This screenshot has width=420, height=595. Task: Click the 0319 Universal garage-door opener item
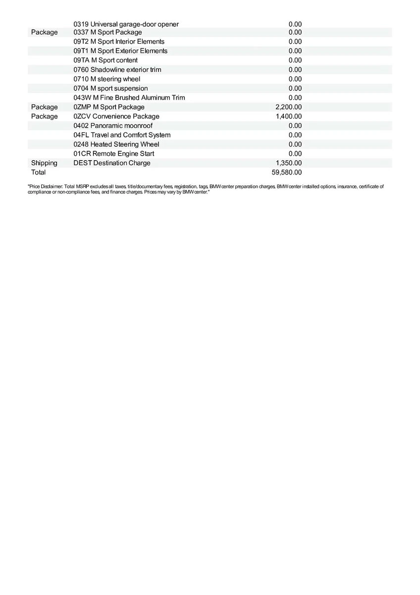pyautogui.click(x=126, y=24)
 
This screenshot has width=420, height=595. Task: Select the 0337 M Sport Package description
pyautogui.click(x=107, y=32)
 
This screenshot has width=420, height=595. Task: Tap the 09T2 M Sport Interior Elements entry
pyautogui.click(x=119, y=42)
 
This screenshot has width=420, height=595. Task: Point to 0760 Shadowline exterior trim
pyautogui.click(x=117, y=69)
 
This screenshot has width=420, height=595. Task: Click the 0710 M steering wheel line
pyautogui.click(x=107, y=79)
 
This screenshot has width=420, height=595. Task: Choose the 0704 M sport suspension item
pyautogui.click(x=110, y=88)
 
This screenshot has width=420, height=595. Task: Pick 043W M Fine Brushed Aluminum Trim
pyautogui.click(x=129, y=98)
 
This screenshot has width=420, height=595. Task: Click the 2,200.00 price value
pyautogui.click(x=288, y=107)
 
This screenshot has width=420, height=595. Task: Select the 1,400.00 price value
pyautogui.click(x=288, y=117)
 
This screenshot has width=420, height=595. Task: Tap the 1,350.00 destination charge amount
pyautogui.click(x=288, y=163)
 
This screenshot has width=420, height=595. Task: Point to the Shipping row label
pyautogui.click(x=44, y=163)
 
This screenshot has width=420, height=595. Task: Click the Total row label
pyautogui.click(x=38, y=173)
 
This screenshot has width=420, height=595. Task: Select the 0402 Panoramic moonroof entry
pyautogui.click(x=113, y=126)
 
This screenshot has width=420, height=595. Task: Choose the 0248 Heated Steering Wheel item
pyautogui.click(x=116, y=144)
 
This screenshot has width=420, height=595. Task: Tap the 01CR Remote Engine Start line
pyautogui.click(x=113, y=154)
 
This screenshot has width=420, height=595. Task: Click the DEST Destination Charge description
pyautogui.click(x=112, y=163)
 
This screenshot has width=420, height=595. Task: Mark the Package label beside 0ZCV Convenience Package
pyautogui.click(x=44, y=117)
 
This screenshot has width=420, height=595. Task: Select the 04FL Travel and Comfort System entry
pyautogui.click(x=122, y=135)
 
